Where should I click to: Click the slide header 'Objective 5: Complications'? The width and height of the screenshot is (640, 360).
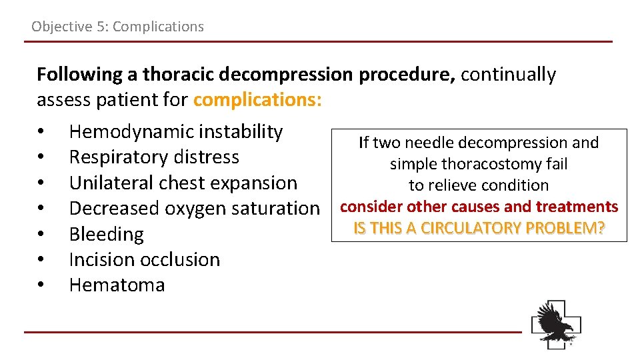click(117, 27)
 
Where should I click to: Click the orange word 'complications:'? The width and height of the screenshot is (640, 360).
click(257, 100)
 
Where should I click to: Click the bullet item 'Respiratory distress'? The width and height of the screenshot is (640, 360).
click(154, 157)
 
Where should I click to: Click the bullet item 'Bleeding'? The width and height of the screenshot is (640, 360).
click(106, 234)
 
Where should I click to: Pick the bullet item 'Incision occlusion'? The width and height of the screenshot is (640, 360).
click(144, 259)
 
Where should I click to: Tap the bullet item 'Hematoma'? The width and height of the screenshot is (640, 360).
click(117, 285)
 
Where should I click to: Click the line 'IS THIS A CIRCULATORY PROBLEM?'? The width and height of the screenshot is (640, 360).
click(479, 228)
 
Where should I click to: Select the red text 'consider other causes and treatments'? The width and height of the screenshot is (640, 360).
click(479, 207)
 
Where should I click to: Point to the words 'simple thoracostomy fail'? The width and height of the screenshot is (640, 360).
click(479, 164)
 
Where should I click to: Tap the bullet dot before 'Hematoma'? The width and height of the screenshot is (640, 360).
click(41, 285)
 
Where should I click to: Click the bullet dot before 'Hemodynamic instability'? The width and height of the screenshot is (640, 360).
click(41, 133)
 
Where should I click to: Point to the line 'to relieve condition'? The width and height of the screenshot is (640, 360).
click(479, 185)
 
